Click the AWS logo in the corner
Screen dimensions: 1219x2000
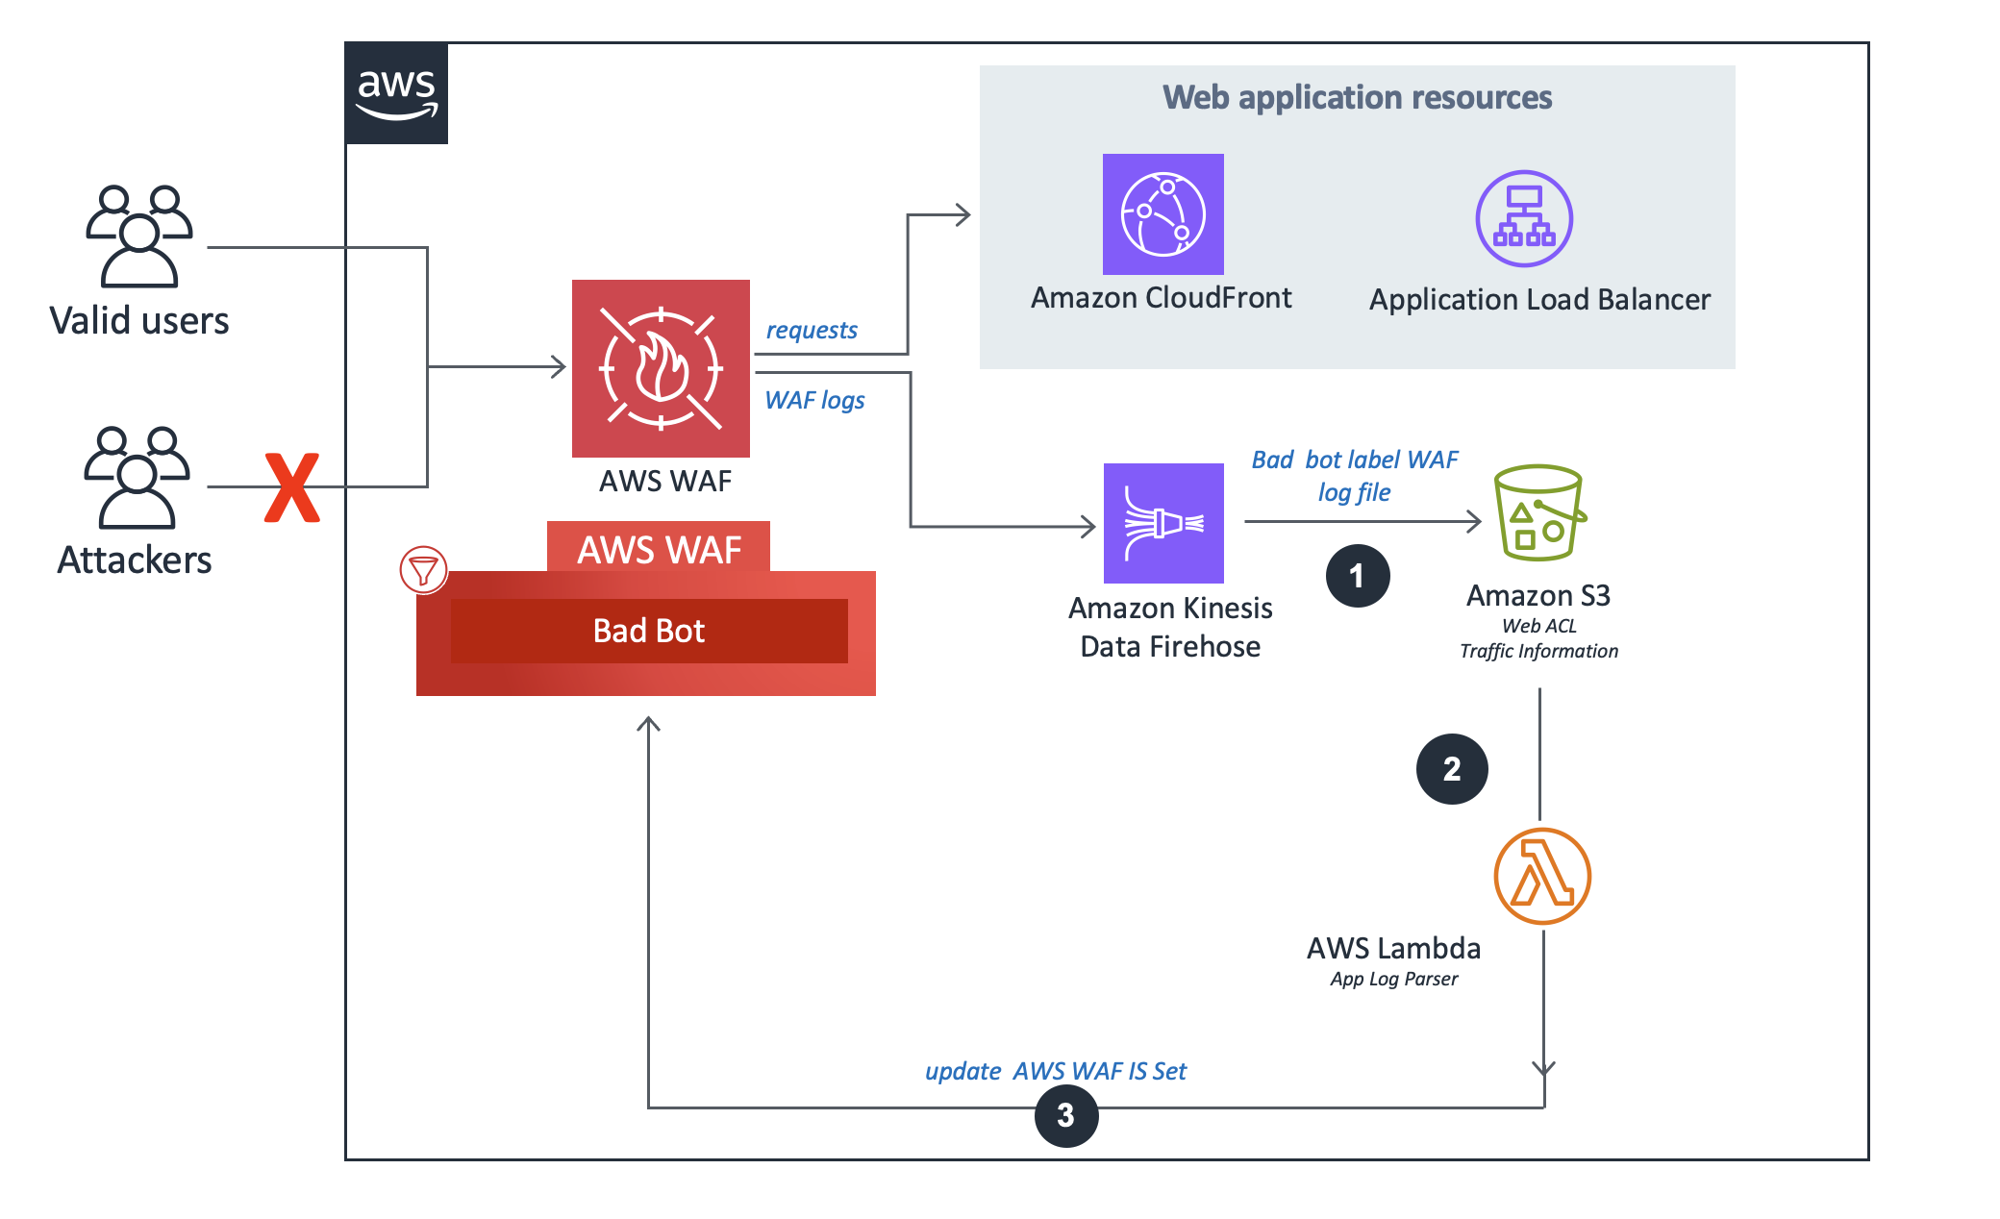396,93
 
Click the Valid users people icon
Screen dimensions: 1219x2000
139,236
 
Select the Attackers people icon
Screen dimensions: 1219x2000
137,477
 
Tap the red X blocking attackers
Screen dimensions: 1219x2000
292,487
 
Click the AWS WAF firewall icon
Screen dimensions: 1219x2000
661,368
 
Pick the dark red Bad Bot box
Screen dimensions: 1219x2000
649,631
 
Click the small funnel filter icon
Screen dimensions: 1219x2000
423,570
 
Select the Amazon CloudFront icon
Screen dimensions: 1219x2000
1162,214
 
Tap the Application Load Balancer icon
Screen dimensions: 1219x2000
1524,218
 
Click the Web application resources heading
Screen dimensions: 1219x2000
1357,97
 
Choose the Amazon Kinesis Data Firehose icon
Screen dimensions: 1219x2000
1163,523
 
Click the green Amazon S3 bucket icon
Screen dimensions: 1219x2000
1538,512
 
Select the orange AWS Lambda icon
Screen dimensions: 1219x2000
1542,876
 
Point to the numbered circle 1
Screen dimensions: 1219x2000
1357,576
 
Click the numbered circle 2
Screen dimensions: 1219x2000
1452,769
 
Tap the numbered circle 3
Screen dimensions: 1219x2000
1066,1115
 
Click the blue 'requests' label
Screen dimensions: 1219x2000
811,330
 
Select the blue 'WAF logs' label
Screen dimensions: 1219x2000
814,400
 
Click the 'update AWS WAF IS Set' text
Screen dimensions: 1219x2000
1055,1071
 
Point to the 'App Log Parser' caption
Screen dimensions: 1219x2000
1393,979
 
